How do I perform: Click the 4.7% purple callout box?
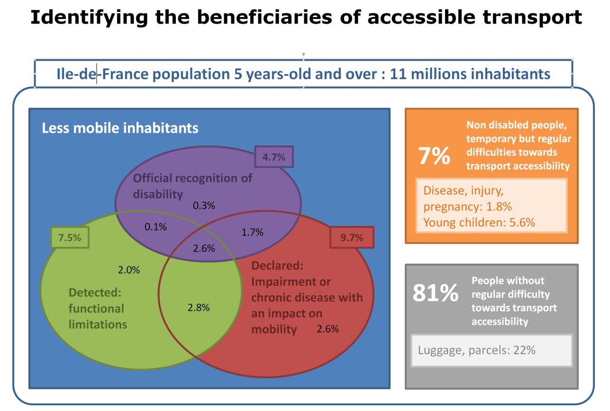274,157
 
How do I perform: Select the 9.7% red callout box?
352,238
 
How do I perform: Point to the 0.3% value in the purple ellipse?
204,205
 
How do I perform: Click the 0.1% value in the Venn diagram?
155,227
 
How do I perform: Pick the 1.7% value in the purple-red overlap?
252,232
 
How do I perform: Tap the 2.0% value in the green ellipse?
128,270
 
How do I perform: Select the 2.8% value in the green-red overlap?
199,307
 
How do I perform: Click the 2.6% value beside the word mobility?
328,329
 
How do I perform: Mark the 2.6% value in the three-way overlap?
204,248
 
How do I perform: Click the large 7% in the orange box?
434,156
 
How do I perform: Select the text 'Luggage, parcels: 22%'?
477,350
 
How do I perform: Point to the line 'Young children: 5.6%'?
479,222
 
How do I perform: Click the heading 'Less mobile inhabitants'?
120,128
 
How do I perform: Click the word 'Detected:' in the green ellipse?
90,292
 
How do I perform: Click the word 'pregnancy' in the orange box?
450,207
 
